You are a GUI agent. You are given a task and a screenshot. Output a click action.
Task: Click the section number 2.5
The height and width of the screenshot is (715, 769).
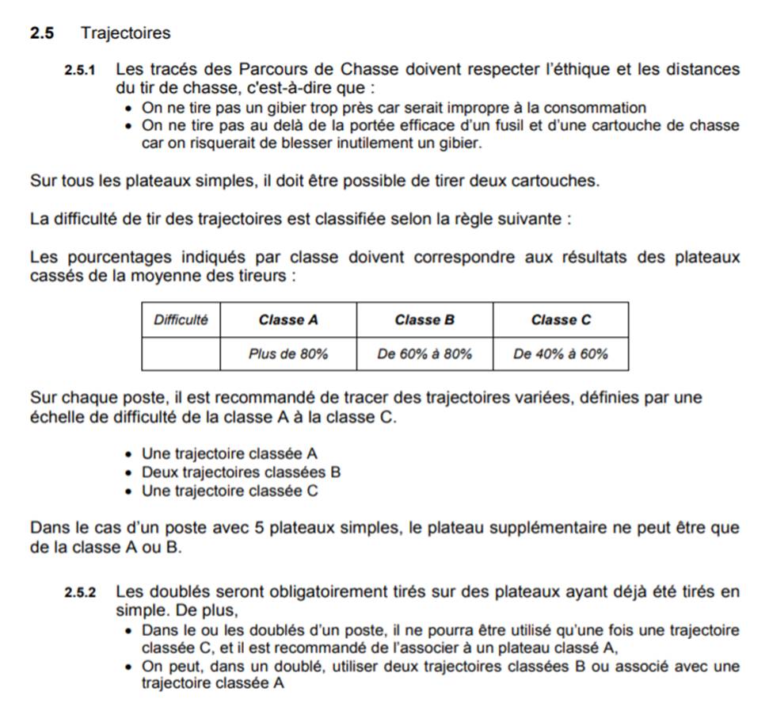click(42, 33)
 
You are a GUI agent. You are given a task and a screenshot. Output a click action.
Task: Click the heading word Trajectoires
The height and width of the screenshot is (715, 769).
click(125, 33)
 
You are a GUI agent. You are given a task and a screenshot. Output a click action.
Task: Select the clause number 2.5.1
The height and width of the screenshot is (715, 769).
click(79, 71)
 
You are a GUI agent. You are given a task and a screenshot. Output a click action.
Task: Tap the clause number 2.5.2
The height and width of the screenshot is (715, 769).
click(79, 592)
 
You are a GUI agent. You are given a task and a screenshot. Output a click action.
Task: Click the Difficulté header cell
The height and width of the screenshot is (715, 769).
click(181, 319)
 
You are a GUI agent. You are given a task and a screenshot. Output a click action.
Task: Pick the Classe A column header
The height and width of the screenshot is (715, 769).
click(288, 320)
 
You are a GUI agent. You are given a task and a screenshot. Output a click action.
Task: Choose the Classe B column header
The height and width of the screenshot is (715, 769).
click(424, 320)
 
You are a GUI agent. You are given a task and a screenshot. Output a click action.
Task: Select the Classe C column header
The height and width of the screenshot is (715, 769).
click(561, 320)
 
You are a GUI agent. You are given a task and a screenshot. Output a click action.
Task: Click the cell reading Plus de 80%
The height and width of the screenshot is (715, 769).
click(288, 354)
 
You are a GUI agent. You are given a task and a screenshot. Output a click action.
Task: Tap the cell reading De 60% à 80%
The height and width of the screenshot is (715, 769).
click(424, 354)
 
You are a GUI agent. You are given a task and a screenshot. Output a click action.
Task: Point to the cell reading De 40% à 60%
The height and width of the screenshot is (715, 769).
click(561, 354)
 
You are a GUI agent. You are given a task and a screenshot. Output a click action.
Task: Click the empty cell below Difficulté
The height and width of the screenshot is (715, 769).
click(181, 354)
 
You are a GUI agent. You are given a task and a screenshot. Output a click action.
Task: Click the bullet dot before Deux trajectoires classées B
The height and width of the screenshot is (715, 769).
click(130, 473)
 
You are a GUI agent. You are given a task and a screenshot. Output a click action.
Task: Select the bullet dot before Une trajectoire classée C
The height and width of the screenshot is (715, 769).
click(130, 491)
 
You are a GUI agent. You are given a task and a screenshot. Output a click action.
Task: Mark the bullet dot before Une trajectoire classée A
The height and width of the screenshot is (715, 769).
click(130, 455)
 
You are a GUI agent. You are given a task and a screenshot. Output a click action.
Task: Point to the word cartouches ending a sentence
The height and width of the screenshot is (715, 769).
click(554, 181)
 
